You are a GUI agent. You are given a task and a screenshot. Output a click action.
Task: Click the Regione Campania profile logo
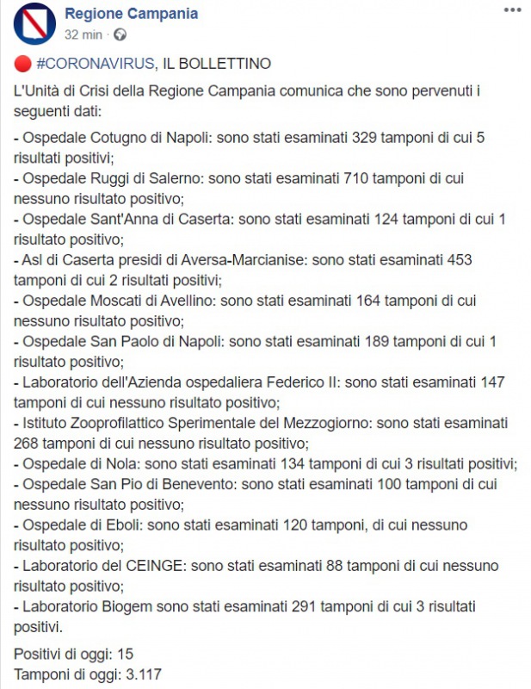pos(35,23)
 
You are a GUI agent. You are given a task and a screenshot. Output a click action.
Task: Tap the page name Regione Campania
pos(133,14)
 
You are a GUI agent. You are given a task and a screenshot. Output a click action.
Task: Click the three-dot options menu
pos(512,9)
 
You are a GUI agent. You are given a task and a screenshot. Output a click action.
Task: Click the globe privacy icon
pos(120,35)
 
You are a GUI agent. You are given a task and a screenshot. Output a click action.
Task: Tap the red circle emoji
pos(22,64)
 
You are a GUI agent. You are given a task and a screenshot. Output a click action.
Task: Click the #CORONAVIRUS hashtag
pos(96,64)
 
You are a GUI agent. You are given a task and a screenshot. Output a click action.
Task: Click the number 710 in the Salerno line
pos(360,178)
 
